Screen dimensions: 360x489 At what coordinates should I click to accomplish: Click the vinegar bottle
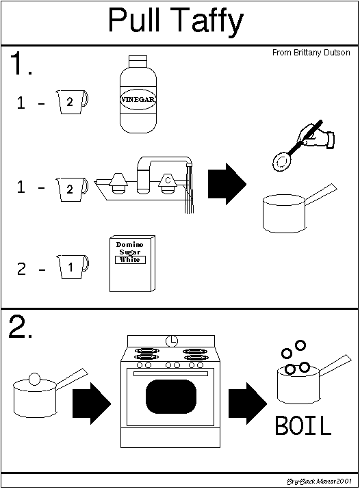tap(138, 94)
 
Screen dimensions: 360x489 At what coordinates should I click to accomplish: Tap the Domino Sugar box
tap(132, 264)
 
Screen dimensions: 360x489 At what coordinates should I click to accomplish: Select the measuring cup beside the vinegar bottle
tap(72, 102)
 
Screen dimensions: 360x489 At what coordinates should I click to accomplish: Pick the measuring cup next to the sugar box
tap(73, 267)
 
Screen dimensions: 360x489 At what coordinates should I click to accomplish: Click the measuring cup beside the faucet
tap(72, 189)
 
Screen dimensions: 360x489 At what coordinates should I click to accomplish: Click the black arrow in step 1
tap(227, 184)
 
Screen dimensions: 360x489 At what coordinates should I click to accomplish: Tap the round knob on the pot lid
tap(34, 379)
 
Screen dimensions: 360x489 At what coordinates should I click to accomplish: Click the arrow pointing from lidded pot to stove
tap(92, 404)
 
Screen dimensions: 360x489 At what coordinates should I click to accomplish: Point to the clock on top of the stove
tap(172, 341)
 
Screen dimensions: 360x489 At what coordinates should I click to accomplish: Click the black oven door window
tap(171, 397)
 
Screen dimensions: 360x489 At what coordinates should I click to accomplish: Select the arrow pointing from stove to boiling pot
tap(248, 404)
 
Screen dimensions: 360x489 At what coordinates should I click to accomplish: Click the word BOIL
tap(303, 425)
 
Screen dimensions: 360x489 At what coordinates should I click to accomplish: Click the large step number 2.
tap(21, 326)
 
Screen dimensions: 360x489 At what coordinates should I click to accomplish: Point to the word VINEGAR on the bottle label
tap(138, 99)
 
